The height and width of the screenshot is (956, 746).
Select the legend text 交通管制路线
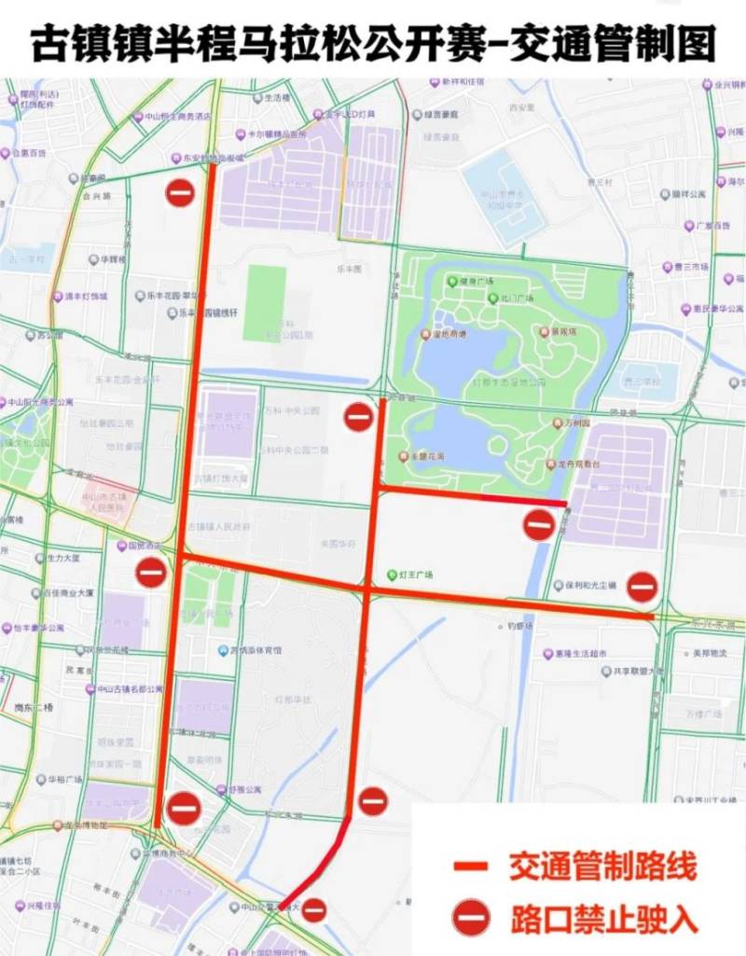click(602, 866)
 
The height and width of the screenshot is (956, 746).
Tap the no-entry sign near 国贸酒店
click(151, 572)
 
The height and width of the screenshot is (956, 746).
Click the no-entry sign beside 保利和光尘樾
click(642, 587)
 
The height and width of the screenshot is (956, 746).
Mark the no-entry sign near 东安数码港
click(179, 192)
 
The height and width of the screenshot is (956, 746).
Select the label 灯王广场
click(416, 575)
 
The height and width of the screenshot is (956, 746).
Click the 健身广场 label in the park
click(476, 281)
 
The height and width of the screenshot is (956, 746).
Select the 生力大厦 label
click(64, 558)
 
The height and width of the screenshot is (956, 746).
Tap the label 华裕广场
click(65, 779)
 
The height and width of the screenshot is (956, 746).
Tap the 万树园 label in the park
click(583, 423)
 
